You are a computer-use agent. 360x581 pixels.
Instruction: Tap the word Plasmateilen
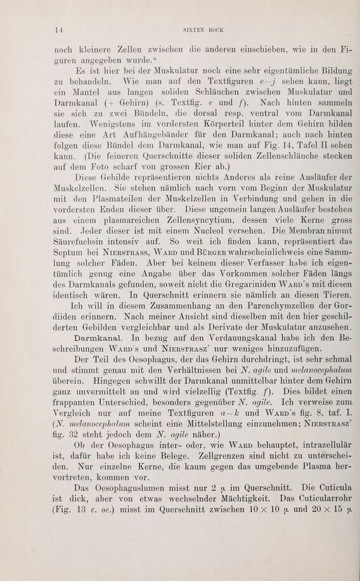[117, 211]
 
